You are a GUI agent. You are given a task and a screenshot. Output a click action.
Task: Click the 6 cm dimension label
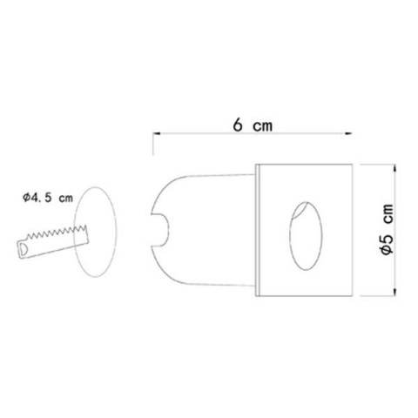tap(253, 125)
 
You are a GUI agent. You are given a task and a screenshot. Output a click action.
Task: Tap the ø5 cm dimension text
tap(387, 229)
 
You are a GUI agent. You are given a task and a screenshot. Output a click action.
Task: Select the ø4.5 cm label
tap(48, 198)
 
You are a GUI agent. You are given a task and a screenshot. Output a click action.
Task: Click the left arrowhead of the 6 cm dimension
tap(157, 133)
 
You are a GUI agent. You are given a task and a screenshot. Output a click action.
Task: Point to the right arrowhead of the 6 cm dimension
tap(348, 133)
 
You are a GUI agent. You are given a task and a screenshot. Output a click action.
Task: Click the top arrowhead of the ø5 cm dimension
tap(394, 168)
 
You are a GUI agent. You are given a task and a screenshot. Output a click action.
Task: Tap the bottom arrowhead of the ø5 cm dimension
tap(394, 292)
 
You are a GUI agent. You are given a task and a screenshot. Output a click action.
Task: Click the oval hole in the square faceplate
tap(306, 236)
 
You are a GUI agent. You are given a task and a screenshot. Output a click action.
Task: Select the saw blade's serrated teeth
tap(57, 232)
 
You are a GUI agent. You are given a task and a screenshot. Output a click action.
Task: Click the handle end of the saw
tap(24, 250)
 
